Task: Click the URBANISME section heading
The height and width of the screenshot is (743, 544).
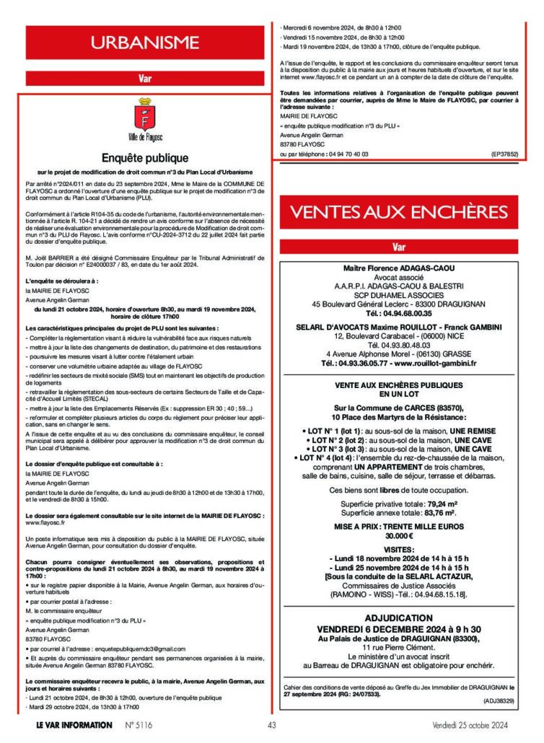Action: (144, 44)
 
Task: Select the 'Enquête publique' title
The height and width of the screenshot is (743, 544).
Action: (144, 157)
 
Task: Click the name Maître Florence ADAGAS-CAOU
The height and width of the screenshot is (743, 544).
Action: (398, 268)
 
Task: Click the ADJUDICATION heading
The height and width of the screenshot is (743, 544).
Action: (398, 618)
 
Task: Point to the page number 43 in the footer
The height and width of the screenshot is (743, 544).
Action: (272, 725)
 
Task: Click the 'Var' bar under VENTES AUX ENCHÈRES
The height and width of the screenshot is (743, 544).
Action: (398, 247)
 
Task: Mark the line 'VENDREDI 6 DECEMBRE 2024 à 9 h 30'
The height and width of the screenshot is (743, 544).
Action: (398, 629)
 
